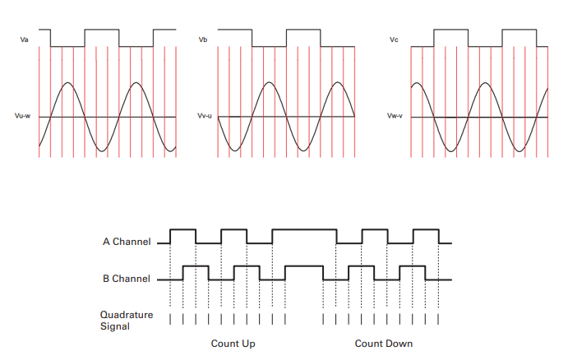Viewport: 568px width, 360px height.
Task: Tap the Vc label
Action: (395, 39)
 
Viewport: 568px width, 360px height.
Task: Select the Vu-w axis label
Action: (23, 117)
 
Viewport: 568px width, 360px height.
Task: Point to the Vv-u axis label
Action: (205, 117)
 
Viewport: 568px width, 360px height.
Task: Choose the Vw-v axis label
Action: (395, 117)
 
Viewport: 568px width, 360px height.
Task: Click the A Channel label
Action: (127, 242)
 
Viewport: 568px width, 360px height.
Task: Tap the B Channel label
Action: (127, 279)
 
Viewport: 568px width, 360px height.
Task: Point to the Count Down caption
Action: (383, 343)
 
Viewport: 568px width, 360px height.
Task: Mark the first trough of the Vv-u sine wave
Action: (233, 150)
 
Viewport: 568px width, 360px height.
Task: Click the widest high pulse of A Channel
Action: (304, 230)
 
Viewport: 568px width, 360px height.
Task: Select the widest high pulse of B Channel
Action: (304, 266)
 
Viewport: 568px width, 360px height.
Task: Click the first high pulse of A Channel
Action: (182, 230)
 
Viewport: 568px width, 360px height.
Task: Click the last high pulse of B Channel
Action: (413, 266)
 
